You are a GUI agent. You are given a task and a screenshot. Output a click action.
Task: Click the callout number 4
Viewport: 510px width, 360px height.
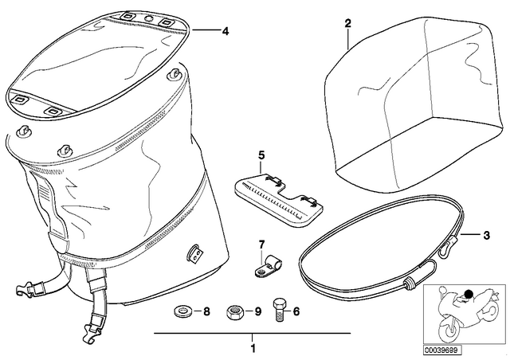tap(225, 32)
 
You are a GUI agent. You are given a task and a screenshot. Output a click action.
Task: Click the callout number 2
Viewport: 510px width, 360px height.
tap(348, 23)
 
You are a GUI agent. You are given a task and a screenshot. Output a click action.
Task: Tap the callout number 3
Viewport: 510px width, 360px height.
tap(486, 235)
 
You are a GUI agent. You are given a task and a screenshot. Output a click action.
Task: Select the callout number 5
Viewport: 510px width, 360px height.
tap(261, 155)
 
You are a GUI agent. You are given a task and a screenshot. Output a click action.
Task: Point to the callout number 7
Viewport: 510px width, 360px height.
tap(262, 244)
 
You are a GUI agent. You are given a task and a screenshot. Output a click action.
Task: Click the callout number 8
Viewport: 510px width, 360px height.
tap(206, 311)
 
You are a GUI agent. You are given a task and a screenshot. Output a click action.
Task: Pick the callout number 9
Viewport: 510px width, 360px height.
tap(257, 311)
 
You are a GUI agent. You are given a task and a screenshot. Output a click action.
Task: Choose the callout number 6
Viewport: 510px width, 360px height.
tap(296, 311)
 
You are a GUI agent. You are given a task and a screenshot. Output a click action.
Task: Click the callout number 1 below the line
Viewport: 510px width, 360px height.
tap(253, 349)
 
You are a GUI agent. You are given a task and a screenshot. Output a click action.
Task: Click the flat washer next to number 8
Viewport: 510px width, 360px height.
tap(182, 311)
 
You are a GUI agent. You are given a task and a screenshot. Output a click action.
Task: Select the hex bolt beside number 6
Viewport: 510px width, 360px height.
tap(279, 310)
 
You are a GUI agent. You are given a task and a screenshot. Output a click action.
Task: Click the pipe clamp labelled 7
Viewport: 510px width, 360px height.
tap(268, 266)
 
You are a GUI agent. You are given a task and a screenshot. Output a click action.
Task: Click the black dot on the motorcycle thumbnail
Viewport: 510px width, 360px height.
tap(469, 295)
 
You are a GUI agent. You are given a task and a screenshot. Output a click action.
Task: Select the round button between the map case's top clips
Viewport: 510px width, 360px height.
tap(149, 18)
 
